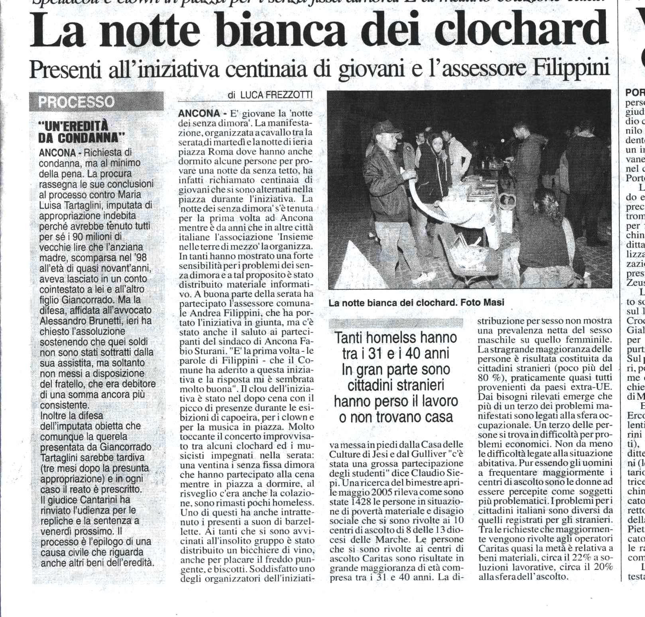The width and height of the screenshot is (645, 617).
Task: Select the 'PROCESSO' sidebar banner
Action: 76,102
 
